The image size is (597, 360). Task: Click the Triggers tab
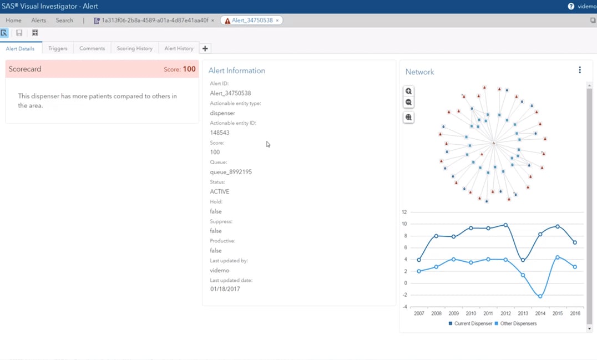click(58, 48)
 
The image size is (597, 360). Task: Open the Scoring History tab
click(134, 48)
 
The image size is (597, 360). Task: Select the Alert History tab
click(179, 48)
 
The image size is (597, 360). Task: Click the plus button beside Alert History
click(205, 48)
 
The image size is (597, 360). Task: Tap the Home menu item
click(13, 20)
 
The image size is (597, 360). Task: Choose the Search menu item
click(64, 20)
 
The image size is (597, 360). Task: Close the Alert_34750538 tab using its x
click(277, 21)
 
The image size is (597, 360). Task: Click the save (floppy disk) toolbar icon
click(19, 33)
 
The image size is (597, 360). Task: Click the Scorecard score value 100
click(189, 69)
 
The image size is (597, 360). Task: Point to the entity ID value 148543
click(220, 133)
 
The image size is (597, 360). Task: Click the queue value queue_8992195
click(231, 172)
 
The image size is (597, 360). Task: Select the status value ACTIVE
click(220, 191)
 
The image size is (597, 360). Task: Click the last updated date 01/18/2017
click(225, 289)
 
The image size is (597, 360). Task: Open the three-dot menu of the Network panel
click(580, 70)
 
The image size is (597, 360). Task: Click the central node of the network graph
click(493, 144)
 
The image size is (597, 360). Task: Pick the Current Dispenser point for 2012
click(505, 225)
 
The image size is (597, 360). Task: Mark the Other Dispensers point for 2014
click(540, 296)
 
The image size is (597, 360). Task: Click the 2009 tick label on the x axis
click(454, 313)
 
